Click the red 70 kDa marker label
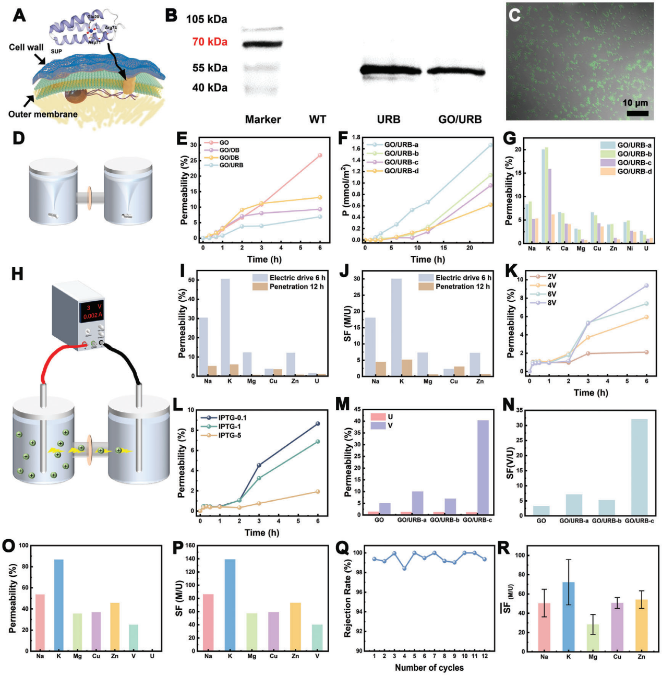coord(210,42)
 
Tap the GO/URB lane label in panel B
coord(460,120)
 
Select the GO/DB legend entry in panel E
coord(229,158)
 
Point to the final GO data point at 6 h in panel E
coord(320,155)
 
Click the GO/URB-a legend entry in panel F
coord(401,145)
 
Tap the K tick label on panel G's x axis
coord(548,249)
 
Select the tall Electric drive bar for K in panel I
coord(225,327)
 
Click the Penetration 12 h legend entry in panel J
coord(462,287)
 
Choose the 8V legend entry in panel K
coord(551,303)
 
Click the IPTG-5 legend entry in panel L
coord(229,435)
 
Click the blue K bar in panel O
coord(59,605)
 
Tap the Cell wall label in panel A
coord(26,48)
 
